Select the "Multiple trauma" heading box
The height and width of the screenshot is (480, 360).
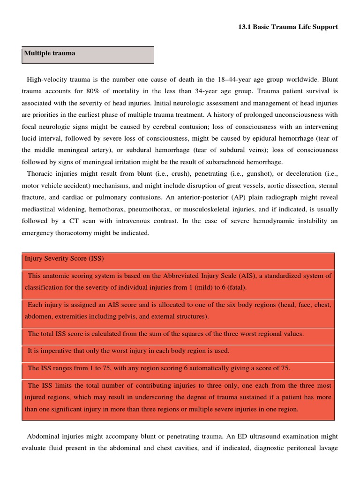[88, 54]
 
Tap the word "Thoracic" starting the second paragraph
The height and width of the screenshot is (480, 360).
[40, 173]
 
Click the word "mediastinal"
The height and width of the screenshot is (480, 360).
[40, 210]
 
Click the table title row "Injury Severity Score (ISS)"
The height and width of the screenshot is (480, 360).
[64, 258]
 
